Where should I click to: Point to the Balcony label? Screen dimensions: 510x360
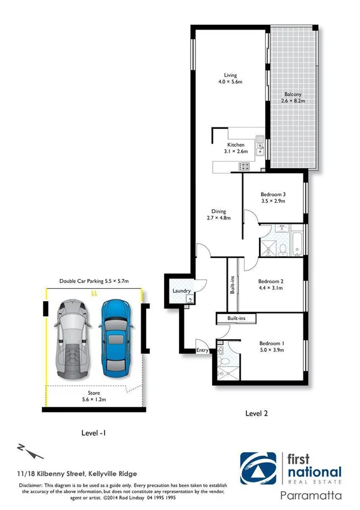[293, 97]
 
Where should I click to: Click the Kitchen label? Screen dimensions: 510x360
[236, 148]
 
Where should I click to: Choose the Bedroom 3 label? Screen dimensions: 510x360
[272, 198]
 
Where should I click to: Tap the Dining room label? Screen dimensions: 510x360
[218, 215]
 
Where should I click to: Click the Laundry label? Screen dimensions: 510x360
[181, 292]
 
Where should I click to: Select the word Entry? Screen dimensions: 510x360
[203, 350]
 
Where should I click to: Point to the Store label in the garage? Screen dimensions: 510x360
[94, 396]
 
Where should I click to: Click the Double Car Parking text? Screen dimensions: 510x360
[93, 281]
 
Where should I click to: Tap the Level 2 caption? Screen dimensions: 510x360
[257, 413]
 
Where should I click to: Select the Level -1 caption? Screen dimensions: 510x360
[94, 432]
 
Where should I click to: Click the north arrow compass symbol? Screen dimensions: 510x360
[28, 450]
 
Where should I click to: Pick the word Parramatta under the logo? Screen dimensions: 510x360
[311, 496]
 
